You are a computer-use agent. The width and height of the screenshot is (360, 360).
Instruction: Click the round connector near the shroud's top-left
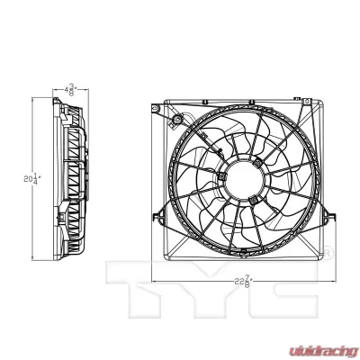click(x=177, y=121)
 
